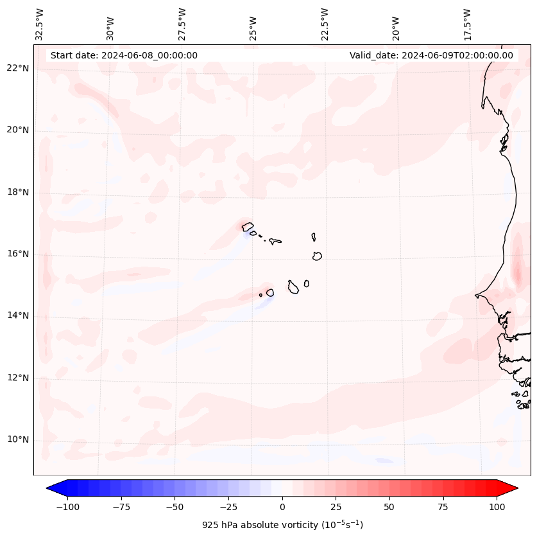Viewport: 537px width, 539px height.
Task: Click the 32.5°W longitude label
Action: (40, 24)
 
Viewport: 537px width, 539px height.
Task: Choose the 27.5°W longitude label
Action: (182, 24)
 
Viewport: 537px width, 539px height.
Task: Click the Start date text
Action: (124, 55)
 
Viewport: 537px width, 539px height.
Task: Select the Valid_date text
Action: (431, 55)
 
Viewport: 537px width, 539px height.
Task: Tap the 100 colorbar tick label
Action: (497, 507)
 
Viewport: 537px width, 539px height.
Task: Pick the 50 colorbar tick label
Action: (389, 507)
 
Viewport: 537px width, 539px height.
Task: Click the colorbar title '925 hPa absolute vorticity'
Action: (282, 525)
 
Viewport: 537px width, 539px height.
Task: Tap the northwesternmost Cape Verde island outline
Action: (248, 226)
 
